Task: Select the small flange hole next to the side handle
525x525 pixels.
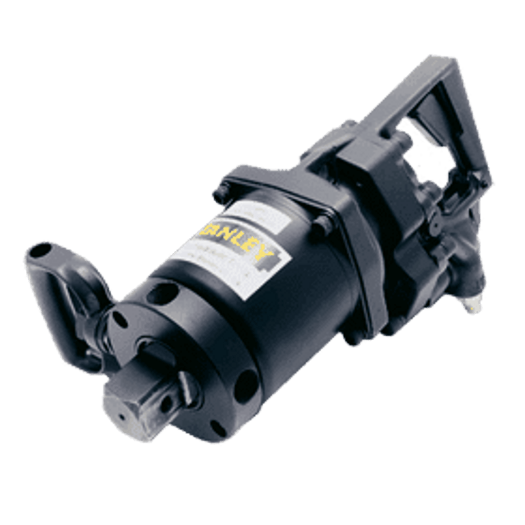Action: [117, 319]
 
